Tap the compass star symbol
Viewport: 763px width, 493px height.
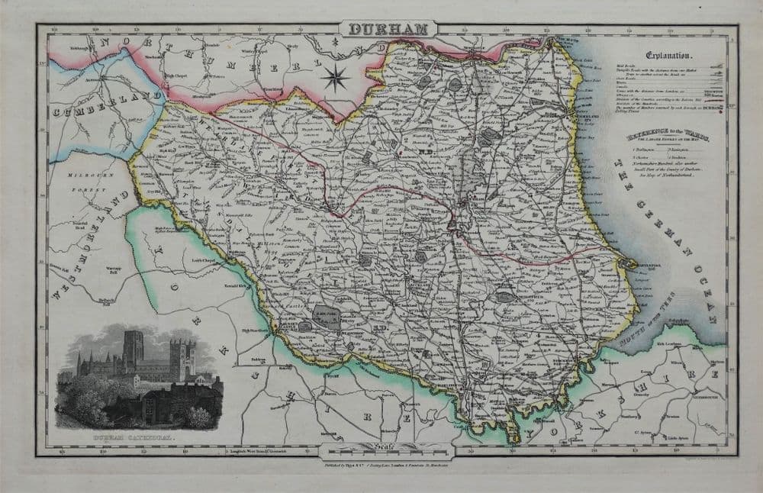click(335, 77)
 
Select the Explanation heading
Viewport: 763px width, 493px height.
click(670, 56)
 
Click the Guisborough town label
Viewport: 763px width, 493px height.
click(703, 398)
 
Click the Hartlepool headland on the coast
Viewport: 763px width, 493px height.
click(627, 263)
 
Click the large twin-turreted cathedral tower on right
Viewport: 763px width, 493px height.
click(185, 358)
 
